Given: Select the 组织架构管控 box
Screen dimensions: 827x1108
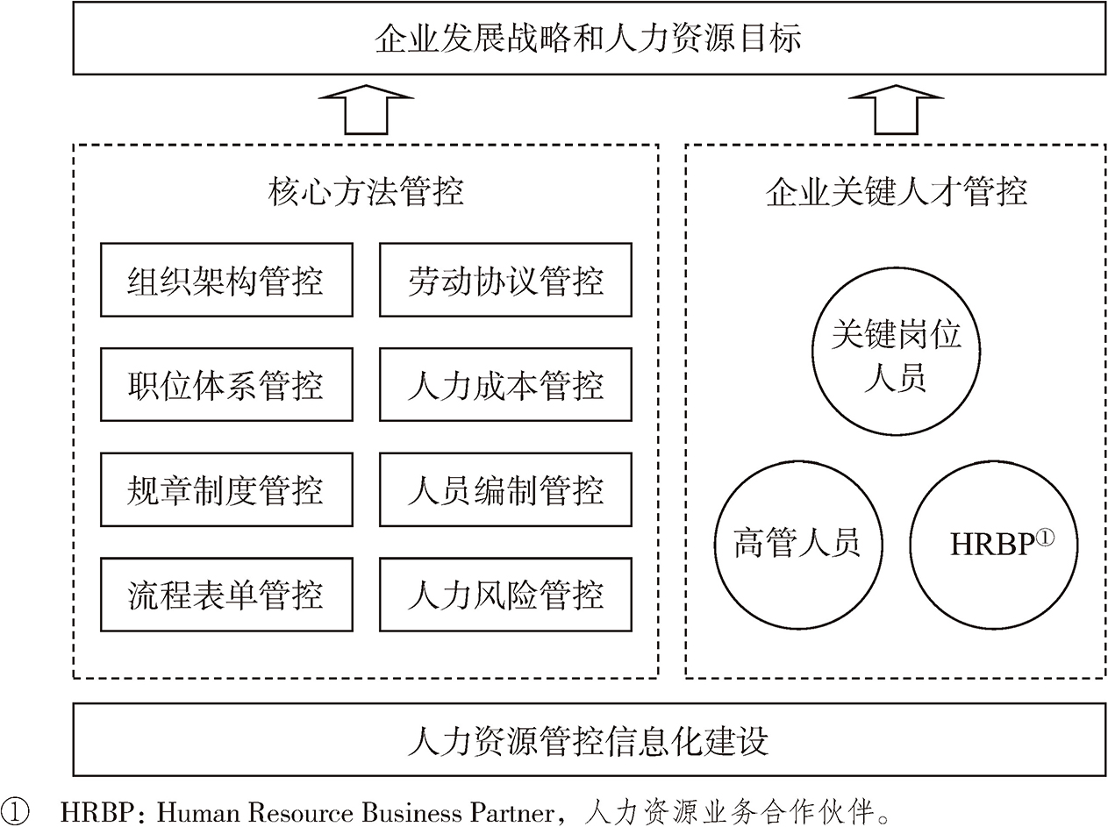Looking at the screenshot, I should pos(226,281).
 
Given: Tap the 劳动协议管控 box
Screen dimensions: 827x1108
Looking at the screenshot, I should pos(505,281).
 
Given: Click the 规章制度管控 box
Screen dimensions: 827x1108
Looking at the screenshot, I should pos(226,489).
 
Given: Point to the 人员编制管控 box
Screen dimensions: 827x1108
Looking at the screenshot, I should pos(505,489).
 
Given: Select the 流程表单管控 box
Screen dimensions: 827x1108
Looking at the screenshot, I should pos(226,595).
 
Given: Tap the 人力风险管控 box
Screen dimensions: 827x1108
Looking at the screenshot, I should pos(505,595).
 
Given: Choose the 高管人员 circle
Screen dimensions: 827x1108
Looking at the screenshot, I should pos(797,544).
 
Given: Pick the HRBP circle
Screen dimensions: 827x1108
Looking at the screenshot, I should pos(993,544).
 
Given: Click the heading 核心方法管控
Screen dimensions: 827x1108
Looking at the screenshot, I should pos(365,191).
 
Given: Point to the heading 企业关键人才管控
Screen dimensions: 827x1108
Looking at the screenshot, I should pos(896,191).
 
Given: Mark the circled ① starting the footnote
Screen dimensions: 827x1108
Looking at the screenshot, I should pos(15,811).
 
